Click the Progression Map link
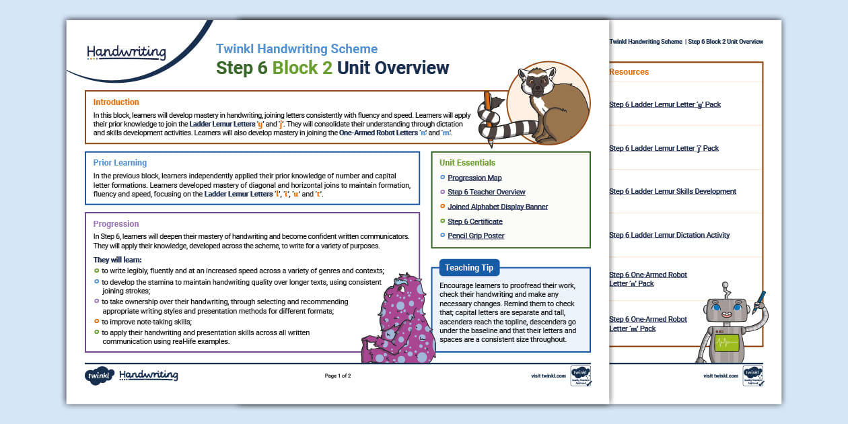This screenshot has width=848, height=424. [x=474, y=178]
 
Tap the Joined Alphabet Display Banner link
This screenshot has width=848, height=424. [x=497, y=207]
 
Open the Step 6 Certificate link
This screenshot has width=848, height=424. [x=474, y=221]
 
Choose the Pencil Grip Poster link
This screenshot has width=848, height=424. [x=476, y=236]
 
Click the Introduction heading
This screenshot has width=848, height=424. [x=116, y=102]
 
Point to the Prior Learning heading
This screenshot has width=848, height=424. [x=120, y=163]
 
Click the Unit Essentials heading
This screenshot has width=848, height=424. [x=467, y=163]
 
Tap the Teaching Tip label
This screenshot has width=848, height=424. [x=468, y=268]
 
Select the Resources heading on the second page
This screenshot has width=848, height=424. [x=629, y=72]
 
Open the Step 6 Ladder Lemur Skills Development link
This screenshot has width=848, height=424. [x=672, y=192]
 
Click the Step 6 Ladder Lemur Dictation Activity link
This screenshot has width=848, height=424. [x=669, y=236]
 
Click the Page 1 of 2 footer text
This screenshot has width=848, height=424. [x=338, y=376]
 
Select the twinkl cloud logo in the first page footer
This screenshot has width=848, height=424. [x=98, y=376]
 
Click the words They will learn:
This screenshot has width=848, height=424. [x=118, y=260]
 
